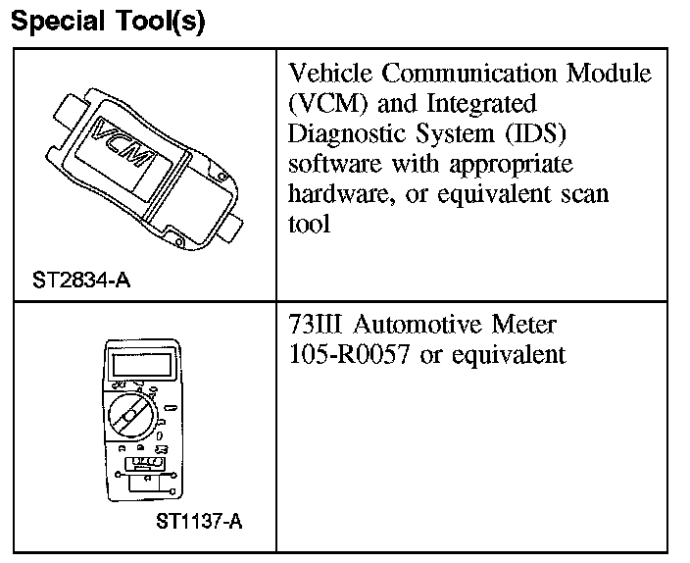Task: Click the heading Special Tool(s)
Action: point(107,22)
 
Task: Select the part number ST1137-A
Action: point(199,522)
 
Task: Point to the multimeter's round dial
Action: point(128,415)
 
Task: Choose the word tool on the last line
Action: point(309,224)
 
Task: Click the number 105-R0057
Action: point(349,354)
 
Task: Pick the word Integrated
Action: point(477,103)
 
